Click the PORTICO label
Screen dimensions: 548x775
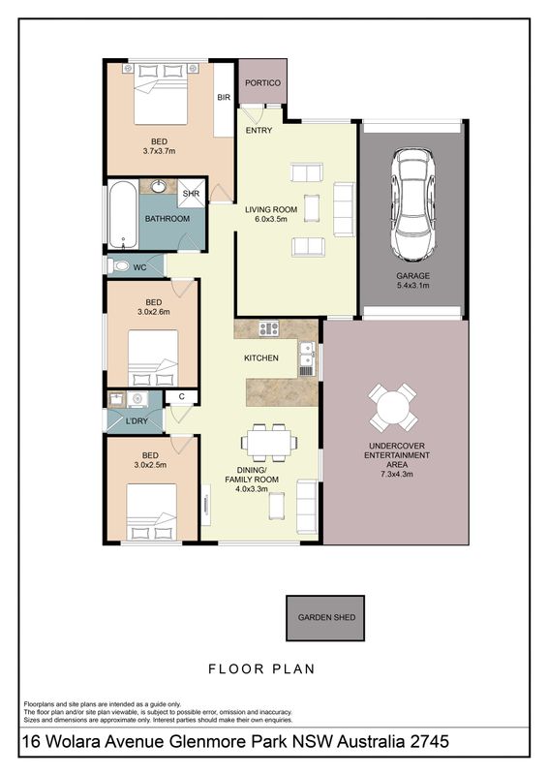[x=262, y=83]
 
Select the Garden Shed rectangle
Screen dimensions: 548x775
[x=325, y=618]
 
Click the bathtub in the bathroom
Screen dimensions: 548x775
[x=123, y=215]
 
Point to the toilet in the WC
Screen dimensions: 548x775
[x=118, y=267]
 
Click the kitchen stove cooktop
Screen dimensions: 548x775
[x=269, y=328]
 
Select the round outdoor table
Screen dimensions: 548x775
[x=393, y=408]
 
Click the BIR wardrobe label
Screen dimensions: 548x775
[x=224, y=98]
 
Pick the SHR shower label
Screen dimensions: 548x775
[x=192, y=194]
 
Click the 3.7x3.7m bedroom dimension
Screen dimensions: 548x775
[x=159, y=151]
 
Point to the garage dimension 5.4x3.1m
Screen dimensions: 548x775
[x=412, y=285]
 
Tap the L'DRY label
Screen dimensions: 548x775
[x=137, y=421]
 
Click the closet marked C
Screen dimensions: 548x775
[x=181, y=396]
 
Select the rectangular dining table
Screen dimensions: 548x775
[x=269, y=443]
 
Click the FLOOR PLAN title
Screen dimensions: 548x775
[x=261, y=669]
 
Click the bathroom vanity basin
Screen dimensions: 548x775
[x=159, y=186]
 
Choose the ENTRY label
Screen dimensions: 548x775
[x=259, y=131]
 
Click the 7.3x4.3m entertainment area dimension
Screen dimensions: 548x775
[x=397, y=474]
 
